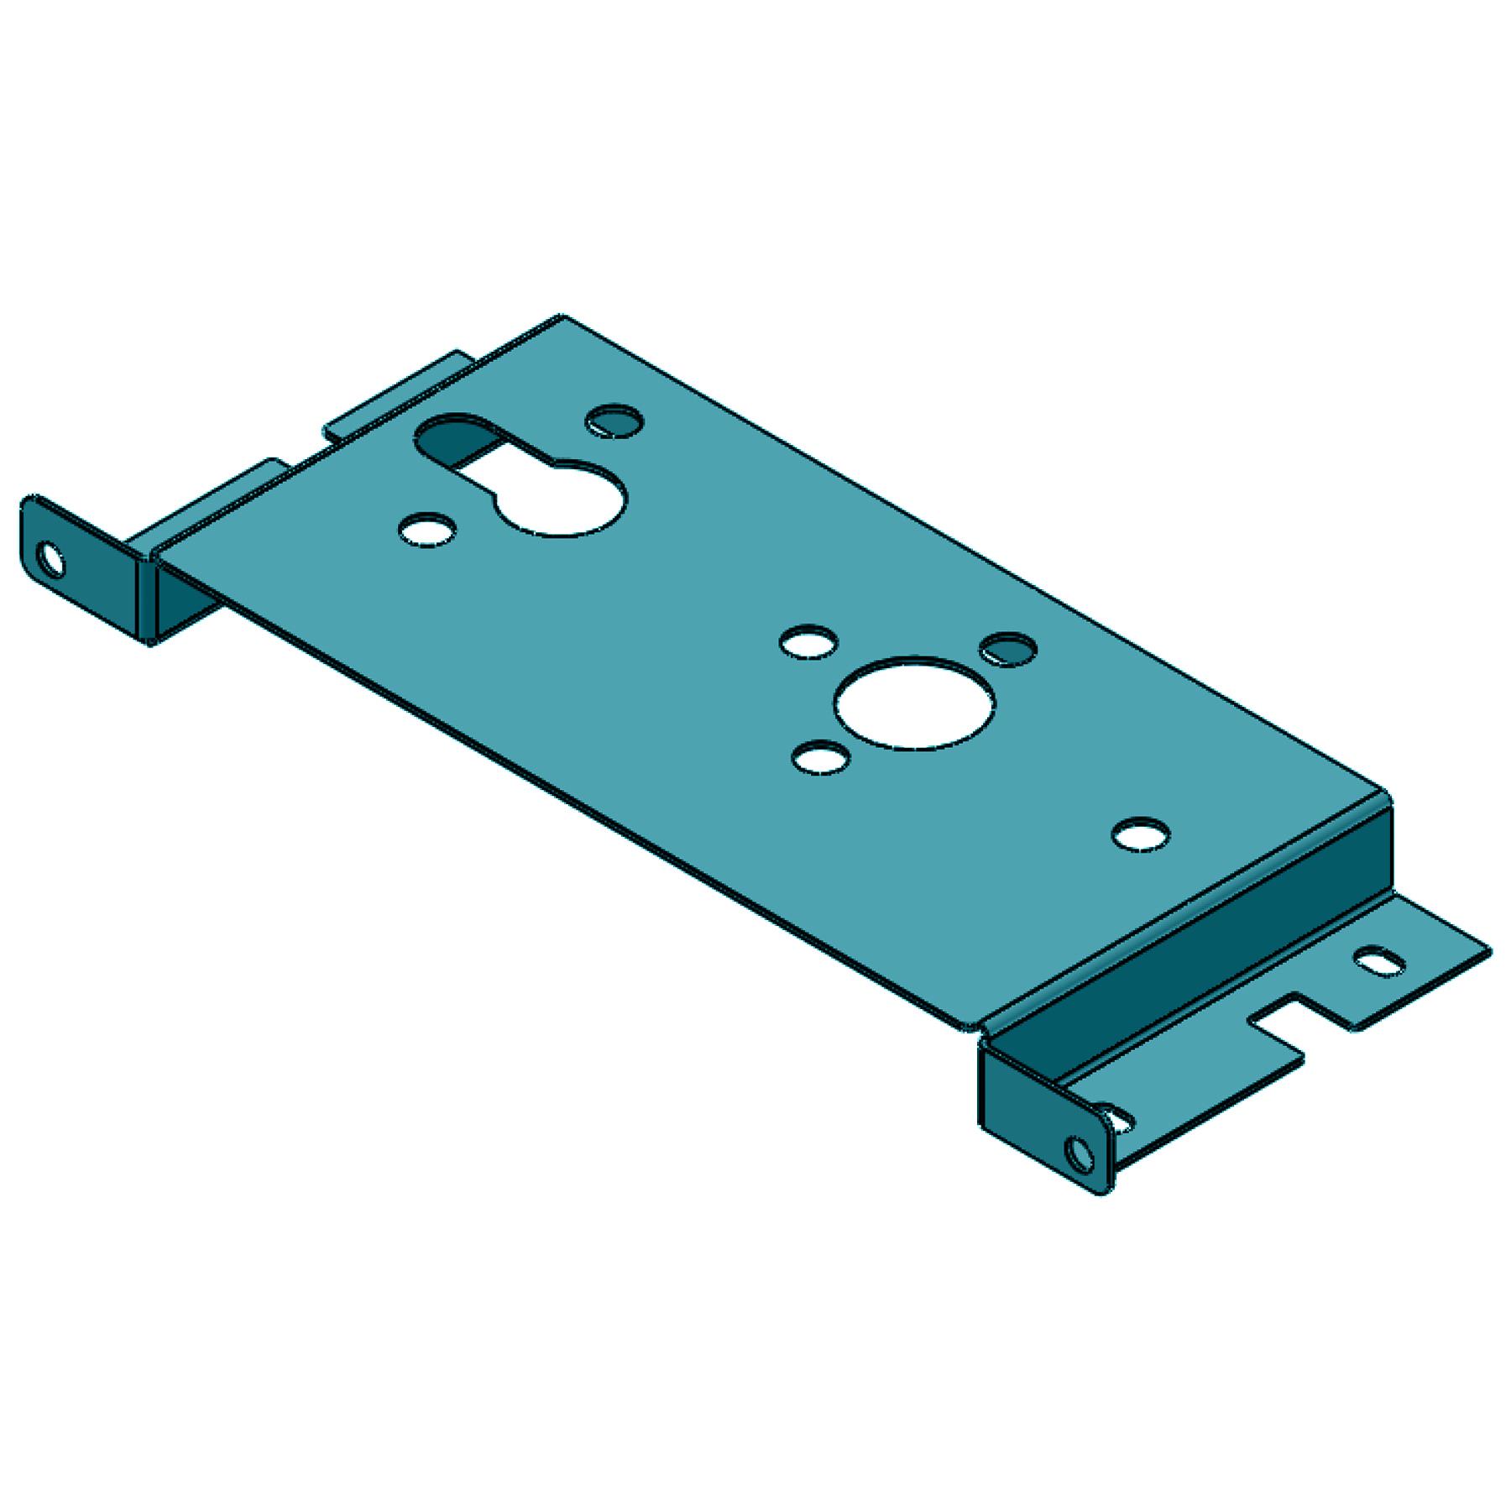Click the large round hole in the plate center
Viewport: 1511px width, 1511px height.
[x=917, y=703]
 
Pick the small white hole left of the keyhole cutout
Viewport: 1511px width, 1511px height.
[x=428, y=531]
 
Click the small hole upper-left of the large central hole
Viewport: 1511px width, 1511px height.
[x=808, y=642]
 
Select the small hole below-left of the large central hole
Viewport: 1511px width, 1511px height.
[x=820, y=758]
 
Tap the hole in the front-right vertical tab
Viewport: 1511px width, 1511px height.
[x=1078, y=1155]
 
